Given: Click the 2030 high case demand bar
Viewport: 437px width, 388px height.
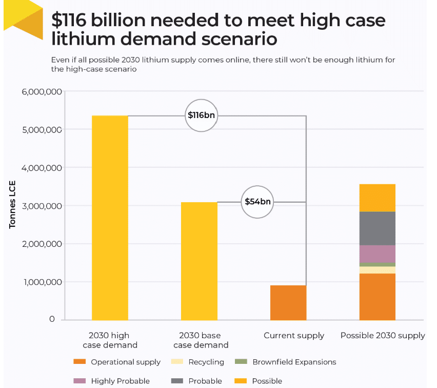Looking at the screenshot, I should click(110, 218).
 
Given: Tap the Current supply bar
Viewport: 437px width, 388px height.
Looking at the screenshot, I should click(288, 302).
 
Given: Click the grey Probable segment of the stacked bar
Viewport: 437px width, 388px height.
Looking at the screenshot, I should click(377, 228).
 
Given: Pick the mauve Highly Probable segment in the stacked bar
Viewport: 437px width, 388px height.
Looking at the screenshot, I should click(377, 254).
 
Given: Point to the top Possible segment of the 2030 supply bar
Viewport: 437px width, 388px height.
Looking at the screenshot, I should click(377, 198).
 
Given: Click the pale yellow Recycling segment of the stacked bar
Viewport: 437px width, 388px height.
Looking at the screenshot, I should click(377, 270).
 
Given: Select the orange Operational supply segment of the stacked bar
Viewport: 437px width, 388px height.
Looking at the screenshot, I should click(377, 297).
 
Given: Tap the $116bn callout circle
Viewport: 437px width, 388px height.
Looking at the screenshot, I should click(201, 115).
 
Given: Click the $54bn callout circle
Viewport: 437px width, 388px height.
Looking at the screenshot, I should click(257, 202).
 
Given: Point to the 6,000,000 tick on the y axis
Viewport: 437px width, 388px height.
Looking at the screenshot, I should click(42, 92).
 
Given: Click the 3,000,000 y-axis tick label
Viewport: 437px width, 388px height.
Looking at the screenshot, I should click(42, 206).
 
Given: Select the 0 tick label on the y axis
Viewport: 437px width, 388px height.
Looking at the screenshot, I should click(52, 319).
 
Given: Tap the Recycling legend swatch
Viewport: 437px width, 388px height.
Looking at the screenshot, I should click(180, 362).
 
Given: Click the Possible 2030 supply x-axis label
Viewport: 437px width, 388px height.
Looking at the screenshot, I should click(383, 336).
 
